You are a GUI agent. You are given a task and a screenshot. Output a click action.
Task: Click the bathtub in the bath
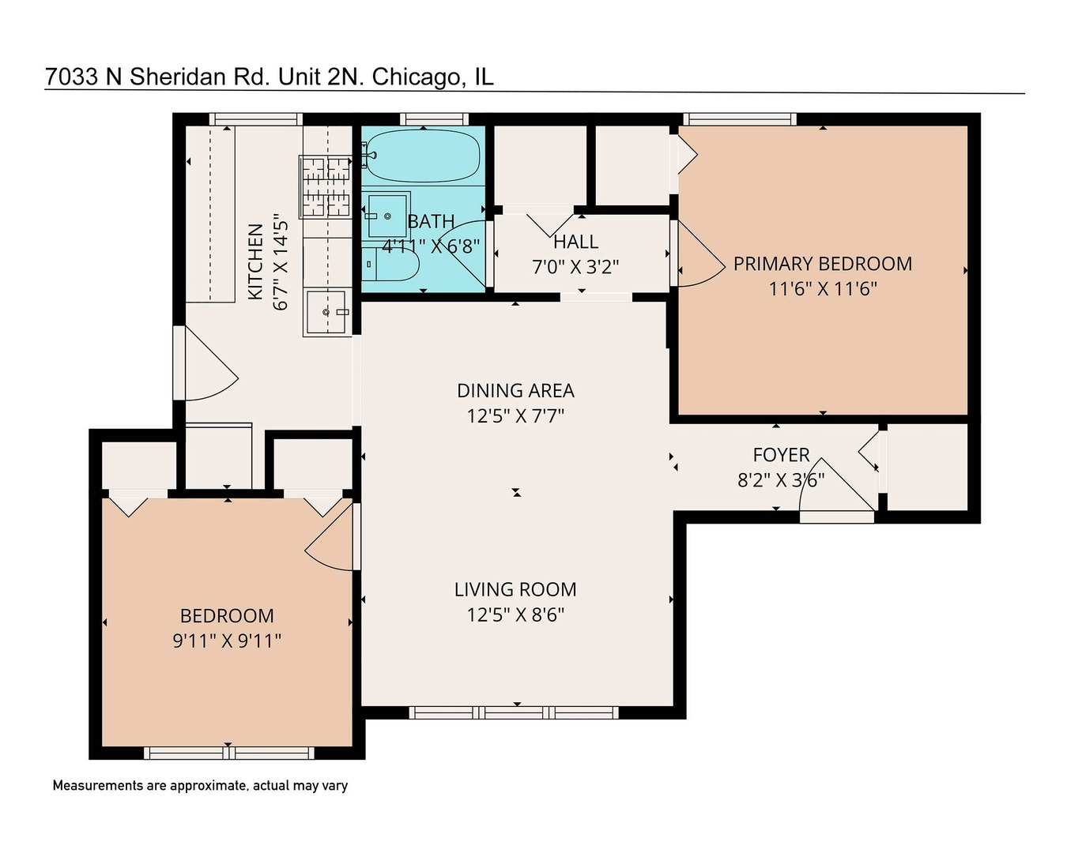point(424,156)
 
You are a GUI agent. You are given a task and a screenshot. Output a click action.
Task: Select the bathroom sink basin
point(387,215)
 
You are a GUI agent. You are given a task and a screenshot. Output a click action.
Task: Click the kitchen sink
point(326,312)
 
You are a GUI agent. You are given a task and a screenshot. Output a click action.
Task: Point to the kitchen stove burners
point(325,186)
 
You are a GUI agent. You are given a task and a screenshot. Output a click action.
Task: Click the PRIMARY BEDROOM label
point(822,264)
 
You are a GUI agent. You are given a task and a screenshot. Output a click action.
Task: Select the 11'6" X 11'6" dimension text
point(822,289)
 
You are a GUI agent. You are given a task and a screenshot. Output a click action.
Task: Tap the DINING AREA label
point(515,391)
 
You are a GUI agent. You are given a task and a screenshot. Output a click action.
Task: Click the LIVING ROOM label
point(515,590)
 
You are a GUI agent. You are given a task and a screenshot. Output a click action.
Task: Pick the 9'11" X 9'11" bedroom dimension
point(227,641)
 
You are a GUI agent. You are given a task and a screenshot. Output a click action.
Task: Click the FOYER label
point(781,455)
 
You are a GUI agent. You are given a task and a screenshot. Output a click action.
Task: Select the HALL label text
point(575,242)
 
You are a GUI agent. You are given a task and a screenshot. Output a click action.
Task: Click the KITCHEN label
point(255,262)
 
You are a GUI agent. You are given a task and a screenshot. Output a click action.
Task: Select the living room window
point(514,712)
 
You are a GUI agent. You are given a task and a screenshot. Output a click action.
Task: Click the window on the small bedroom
point(228,753)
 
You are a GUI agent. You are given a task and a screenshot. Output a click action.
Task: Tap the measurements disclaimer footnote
point(200,786)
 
